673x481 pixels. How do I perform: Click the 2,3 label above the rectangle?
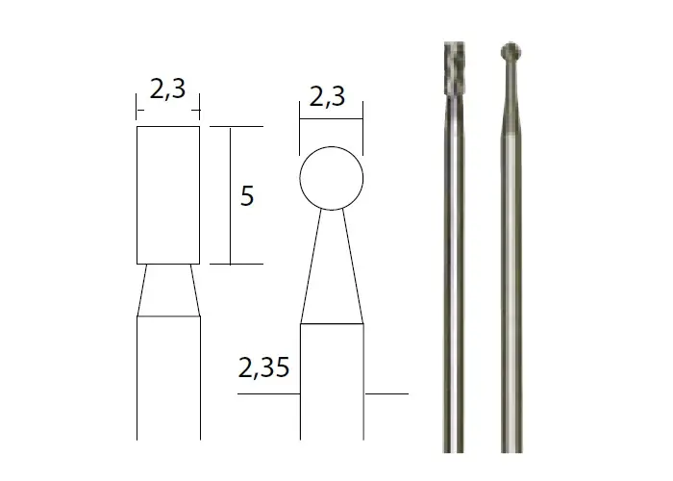point(168,89)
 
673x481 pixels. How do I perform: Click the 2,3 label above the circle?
point(327,96)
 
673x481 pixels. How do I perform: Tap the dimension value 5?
point(247,195)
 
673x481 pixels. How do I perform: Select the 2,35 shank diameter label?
point(263,367)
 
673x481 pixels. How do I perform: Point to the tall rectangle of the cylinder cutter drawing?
point(137,195)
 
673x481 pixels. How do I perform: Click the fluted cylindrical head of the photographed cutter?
point(454,68)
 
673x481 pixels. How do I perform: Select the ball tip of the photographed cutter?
point(511,52)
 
